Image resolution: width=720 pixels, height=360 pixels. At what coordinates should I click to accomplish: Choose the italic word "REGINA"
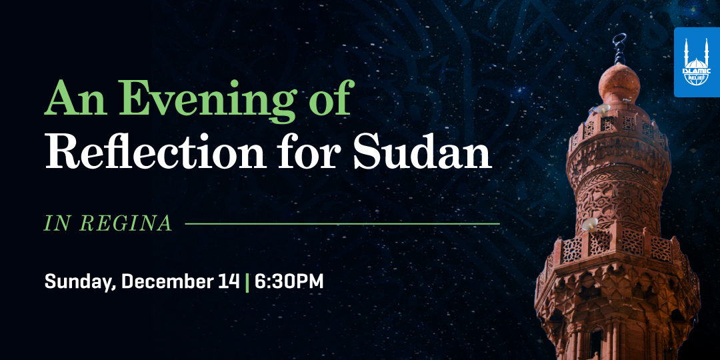(x=126, y=223)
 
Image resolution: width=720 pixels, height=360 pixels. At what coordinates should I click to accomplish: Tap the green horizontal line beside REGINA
(x=342, y=224)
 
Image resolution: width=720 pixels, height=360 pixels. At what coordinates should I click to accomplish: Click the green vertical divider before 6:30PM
(x=247, y=282)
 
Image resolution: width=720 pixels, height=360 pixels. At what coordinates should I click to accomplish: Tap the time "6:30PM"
(x=289, y=281)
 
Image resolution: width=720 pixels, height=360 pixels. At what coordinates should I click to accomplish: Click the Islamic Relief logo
(x=697, y=62)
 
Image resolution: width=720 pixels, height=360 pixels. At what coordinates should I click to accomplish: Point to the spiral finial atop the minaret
(x=619, y=48)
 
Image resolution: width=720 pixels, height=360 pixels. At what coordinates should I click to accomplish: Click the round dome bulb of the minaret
(x=619, y=84)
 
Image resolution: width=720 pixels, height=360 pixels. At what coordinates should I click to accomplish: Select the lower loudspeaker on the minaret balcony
(x=589, y=224)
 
